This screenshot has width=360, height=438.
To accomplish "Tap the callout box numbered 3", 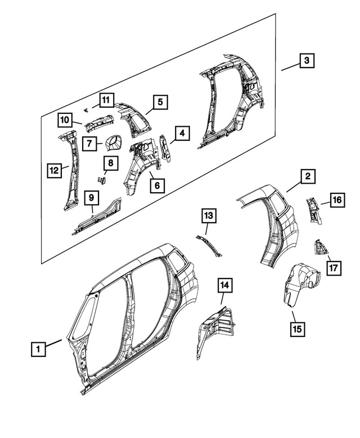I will (307, 60).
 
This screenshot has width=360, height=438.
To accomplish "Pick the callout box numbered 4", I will (182, 133).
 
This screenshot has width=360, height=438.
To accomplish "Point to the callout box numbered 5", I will (160, 102).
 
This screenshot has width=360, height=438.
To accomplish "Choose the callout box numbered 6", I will (157, 184).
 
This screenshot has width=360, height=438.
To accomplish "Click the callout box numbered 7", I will (89, 143).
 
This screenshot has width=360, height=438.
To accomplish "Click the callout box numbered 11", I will (105, 100).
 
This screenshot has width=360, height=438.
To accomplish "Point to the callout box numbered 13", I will (208, 215).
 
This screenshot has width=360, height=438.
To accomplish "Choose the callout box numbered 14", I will (225, 287).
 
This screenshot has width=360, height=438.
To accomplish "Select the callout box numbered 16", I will (336, 200).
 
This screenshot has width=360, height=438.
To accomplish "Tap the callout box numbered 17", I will (334, 267).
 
